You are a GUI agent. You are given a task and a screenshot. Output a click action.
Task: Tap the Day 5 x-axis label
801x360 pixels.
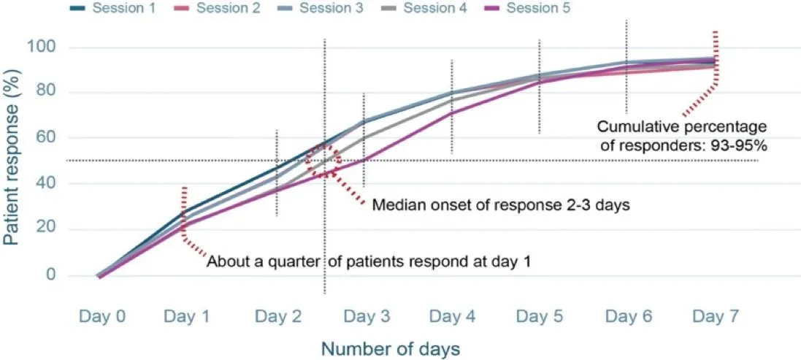540,316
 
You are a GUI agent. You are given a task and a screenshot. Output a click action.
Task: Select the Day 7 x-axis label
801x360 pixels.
715,316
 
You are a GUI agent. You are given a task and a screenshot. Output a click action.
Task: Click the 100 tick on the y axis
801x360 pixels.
58,47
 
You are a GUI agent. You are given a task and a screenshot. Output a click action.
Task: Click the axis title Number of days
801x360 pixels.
391,349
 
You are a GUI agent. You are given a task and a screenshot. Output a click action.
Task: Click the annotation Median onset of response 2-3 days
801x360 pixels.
501,205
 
